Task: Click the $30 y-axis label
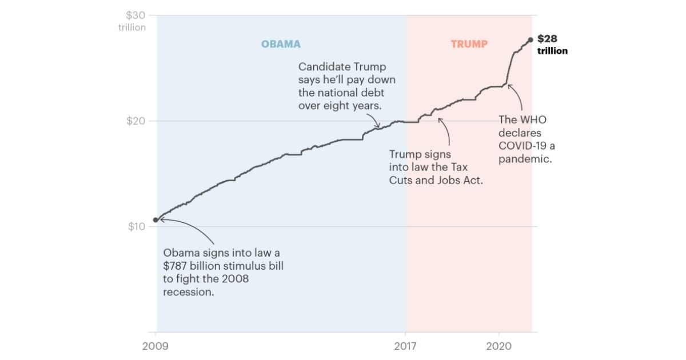[135, 15]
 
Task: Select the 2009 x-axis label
[155, 346]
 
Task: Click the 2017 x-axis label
[406, 346]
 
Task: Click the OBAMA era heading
[281, 44]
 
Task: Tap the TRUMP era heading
[469, 44]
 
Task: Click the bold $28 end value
[547, 39]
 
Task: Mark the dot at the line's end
[531, 39]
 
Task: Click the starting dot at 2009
[155, 219]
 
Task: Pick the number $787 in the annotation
[177, 266]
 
